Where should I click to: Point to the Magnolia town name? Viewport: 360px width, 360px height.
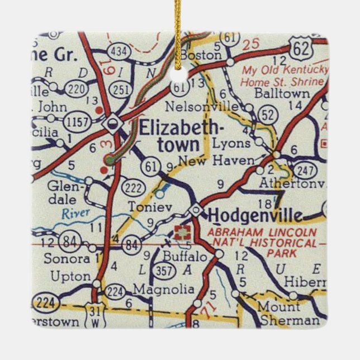pyautogui.click(x=164, y=291)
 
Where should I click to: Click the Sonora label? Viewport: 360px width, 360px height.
pyautogui.click(x=69, y=259)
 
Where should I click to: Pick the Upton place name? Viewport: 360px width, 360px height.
pyautogui.click(x=70, y=276)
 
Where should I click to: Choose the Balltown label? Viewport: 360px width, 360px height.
pyautogui.click(x=281, y=93)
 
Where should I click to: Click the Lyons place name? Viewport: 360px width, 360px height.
pyautogui.click(x=232, y=143)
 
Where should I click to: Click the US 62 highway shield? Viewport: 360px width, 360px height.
pyautogui.click(x=301, y=50)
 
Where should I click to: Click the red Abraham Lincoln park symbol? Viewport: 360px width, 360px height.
pyautogui.click(x=181, y=233)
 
